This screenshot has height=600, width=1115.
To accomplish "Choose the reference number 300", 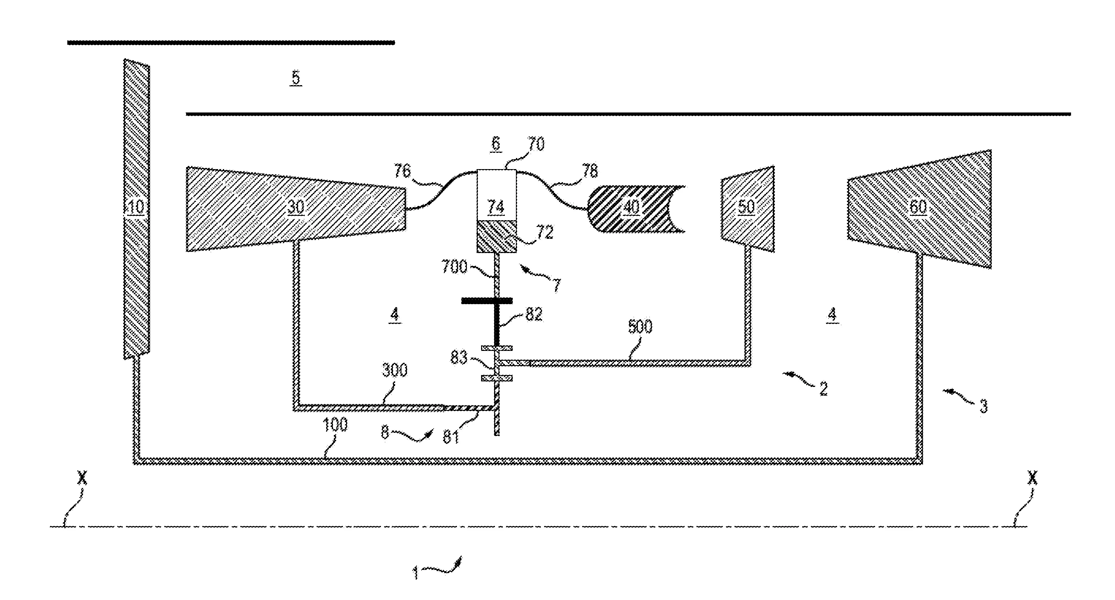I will pyautogui.click(x=394, y=371).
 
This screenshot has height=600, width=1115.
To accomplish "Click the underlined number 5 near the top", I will pyautogui.click(x=296, y=78).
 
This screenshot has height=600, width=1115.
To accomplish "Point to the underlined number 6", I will pyautogui.click(x=496, y=143).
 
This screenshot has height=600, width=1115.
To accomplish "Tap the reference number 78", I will pyautogui.click(x=590, y=171).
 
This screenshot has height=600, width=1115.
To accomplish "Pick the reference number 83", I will pyautogui.click(x=459, y=358).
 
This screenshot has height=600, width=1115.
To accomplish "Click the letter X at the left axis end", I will pyautogui.click(x=82, y=479).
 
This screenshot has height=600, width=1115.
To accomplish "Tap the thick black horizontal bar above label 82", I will pyautogui.click(x=487, y=301).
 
